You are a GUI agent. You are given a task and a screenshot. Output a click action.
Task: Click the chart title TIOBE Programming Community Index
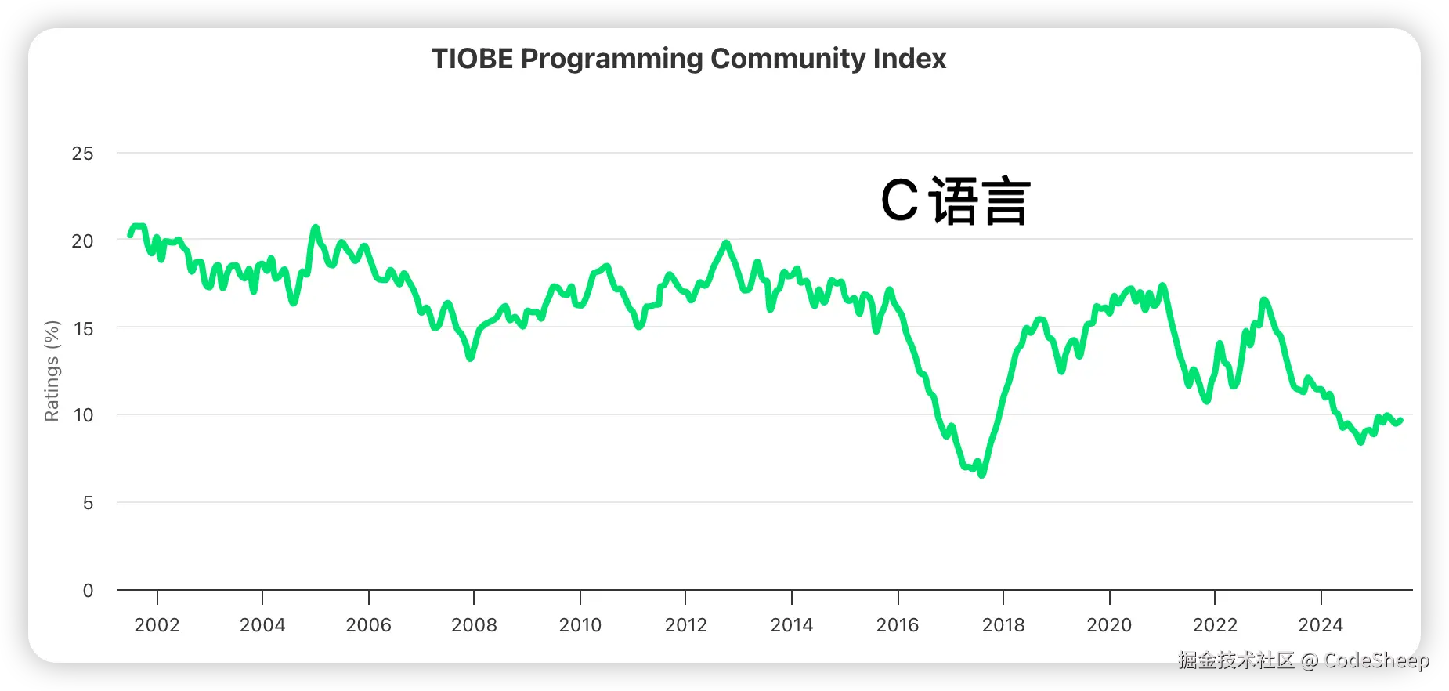pos(688,59)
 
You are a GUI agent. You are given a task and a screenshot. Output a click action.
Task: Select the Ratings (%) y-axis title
pos(52,371)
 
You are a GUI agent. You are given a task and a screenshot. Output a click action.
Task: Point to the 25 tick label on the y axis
pos(82,154)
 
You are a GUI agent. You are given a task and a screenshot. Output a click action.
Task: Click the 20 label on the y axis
pos(82,241)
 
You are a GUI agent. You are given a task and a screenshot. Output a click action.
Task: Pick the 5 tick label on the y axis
pos(88,503)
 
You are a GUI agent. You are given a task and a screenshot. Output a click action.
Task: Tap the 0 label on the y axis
pos(88,591)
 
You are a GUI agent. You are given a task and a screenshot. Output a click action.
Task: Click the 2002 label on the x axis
pos(157,625)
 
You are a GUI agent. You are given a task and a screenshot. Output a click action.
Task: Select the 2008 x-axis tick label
pos(474,625)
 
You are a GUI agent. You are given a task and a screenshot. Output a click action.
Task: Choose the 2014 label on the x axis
pos(791,625)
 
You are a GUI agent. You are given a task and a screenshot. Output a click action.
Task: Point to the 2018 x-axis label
pos(1003,625)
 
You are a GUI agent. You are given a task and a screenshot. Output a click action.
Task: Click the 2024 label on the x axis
pos(1321,625)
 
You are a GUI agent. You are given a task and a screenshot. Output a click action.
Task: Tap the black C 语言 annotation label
pos(956,201)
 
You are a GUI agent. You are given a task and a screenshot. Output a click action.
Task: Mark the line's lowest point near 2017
pos(982,474)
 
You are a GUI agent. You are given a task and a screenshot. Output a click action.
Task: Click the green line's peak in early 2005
pos(316,228)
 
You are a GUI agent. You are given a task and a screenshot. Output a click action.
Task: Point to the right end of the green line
pos(1400,421)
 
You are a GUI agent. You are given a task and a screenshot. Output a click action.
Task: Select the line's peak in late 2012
pos(726,244)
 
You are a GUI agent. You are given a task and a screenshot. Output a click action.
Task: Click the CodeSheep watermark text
pos(1375,660)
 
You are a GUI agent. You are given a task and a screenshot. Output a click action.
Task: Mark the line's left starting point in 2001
pos(131,235)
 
